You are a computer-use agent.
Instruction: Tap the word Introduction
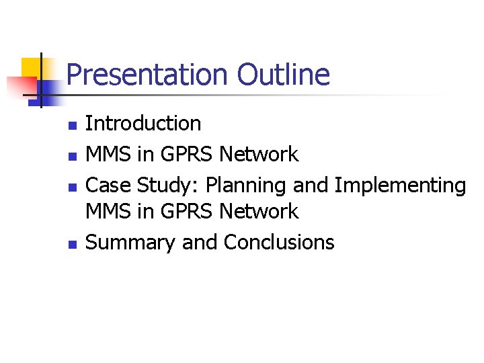pos(143,124)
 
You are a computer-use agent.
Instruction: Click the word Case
pos(108,185)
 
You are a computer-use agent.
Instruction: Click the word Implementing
pos(399,186)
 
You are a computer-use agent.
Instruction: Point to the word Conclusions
pos(279,242)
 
